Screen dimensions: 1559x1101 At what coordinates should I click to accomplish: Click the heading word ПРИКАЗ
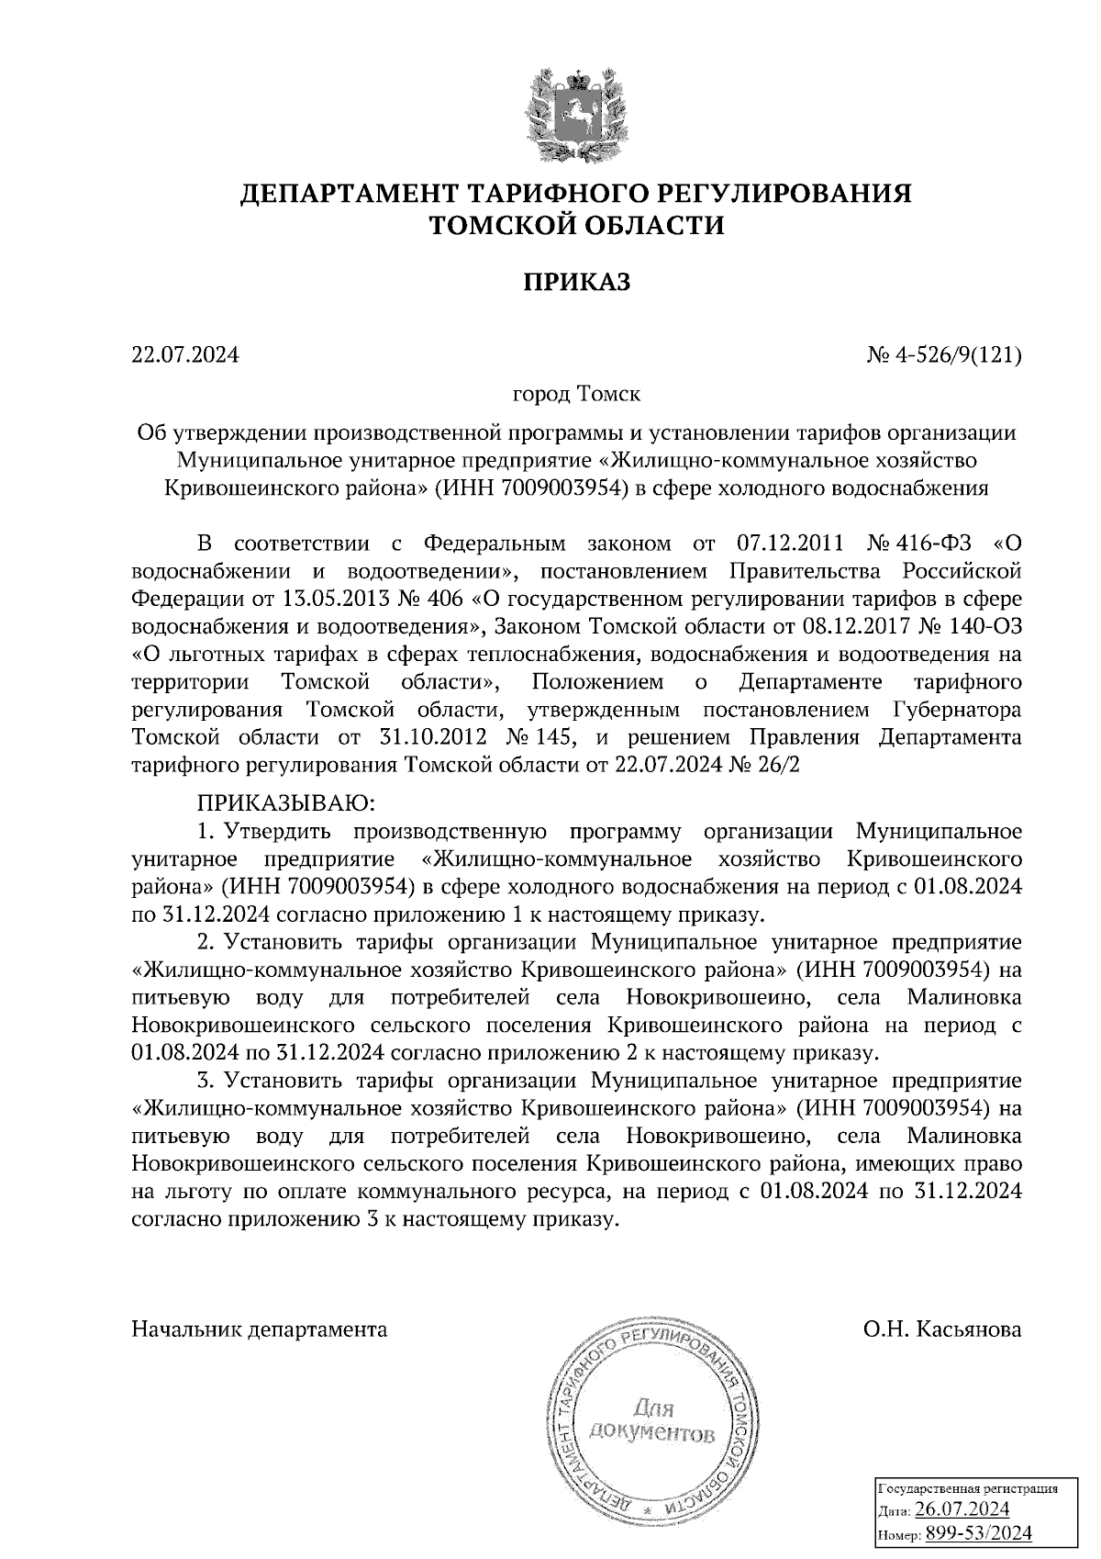577,282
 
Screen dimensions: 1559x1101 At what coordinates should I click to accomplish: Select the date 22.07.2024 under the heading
184,353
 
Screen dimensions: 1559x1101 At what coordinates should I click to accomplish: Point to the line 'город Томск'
576,395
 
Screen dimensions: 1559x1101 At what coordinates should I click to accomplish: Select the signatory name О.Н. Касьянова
941,1329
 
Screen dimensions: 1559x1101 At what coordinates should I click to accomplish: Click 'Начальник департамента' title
260,1329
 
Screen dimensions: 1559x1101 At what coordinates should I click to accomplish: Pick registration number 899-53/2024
978,1532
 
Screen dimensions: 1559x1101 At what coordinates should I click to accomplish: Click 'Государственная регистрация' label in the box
968,1487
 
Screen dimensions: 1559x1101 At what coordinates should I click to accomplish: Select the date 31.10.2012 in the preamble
428,737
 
